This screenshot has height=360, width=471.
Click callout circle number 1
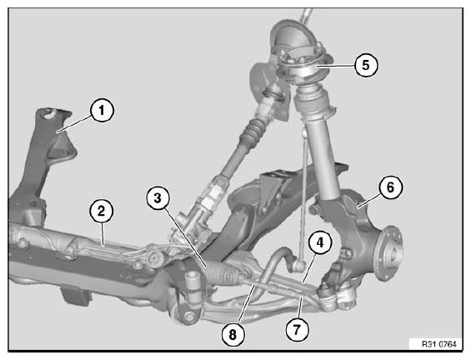pos(102,110)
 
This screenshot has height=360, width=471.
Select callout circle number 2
pos(102,211)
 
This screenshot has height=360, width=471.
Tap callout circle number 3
pos(158,198)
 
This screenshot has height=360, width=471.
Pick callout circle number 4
pos(319,242)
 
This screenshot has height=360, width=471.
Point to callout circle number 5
pos(366,65)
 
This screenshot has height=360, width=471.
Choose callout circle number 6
pos(390,187)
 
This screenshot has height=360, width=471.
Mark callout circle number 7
pos(297,330)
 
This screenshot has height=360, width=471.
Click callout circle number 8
pos(233,334)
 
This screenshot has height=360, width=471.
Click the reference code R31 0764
pos(438,344)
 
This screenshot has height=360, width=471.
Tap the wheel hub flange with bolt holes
pos(389,253)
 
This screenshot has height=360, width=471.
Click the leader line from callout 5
pos(334,66)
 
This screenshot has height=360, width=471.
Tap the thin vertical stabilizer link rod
pos(304,195)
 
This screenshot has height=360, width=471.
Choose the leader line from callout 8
pos(246,304)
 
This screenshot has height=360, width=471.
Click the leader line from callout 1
pos(74,123)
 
